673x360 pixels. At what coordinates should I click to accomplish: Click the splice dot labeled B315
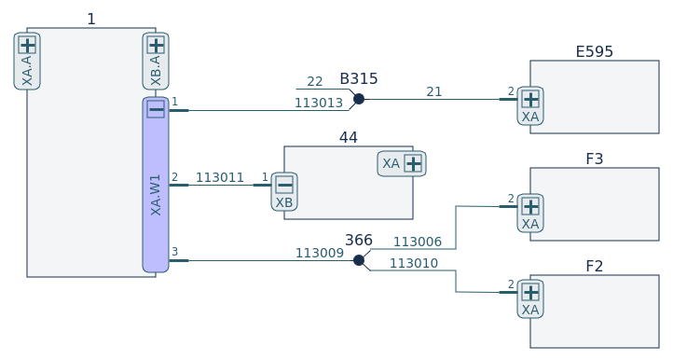pyautogui.click(x=359, y=99)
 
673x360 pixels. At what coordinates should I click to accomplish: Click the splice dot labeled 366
pyautogui.click(x=359, y=260)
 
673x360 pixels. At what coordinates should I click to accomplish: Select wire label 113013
pyautogui.click(x=319, y=104)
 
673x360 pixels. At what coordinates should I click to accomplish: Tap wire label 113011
pyautogui.click(x=220, y=177)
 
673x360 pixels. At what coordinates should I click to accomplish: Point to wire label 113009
pyautogui.click(x=320, y=253)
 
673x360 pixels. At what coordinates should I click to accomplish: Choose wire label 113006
pyautogui.click(x=418, y=242)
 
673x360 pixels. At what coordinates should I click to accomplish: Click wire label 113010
pyautogui.click(x=413, y=263)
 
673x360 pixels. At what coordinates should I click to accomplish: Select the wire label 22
pyautogui.click(x=315, y=82)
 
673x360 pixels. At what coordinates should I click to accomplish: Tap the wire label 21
pyautogui.click(x=434, y=92)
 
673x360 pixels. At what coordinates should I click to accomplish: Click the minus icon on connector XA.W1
pyautogui.click(x=156, y=109)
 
